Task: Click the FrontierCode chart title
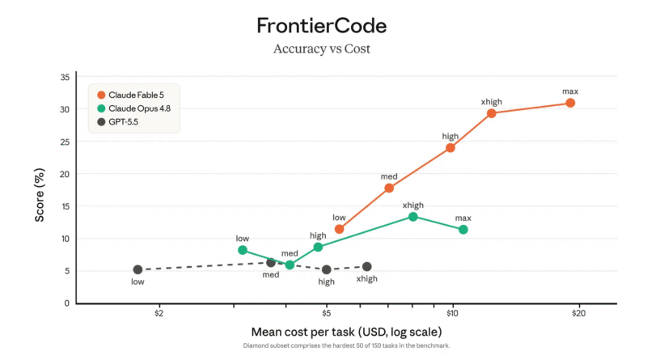point(321,26)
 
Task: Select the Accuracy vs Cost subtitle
point(321,49)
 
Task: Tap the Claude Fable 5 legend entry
point(130,95)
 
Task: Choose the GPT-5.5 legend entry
point(117,122)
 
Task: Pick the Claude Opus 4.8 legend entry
point(133,108)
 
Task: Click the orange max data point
point(570,103)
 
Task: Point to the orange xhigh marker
point(491,113)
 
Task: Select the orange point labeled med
point(389,188)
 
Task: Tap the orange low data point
point(339,229)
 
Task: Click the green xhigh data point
point(413,217)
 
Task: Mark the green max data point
point(463,229)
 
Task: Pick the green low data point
point(243,250)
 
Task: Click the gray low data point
point(137,269)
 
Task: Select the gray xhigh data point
point(367,267)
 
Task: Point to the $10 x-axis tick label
point(452,313)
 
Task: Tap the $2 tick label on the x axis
point(159,313)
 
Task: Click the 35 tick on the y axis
point(65,77)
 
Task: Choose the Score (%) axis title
point(40,195)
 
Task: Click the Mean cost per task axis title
point(347,332)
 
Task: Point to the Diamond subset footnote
point(347,345)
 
